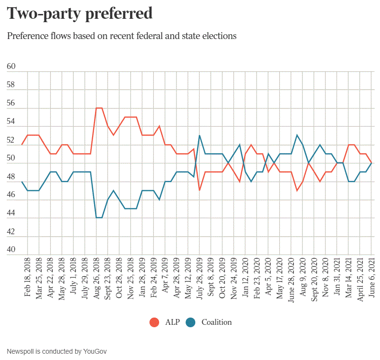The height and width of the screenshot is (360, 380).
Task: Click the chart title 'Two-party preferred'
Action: [80, 14]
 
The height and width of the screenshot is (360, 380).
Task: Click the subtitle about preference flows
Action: [122, 36]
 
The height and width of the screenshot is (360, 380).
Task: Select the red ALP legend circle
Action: [155, 322]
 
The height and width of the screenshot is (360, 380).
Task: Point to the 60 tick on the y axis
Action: [11, 67]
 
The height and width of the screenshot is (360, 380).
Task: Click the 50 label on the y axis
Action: [11, 159]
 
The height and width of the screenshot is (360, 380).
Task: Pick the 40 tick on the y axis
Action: [11, 250]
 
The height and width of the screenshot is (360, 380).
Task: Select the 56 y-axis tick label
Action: [11, 104]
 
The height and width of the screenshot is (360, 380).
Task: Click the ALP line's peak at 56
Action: [99, 108]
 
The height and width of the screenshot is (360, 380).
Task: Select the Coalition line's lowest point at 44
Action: [99, 218]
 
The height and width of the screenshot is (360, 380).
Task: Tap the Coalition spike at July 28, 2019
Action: [200, 135]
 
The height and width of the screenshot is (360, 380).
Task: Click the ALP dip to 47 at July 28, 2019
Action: [200, 190]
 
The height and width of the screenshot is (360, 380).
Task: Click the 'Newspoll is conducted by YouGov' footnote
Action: [56, 351]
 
